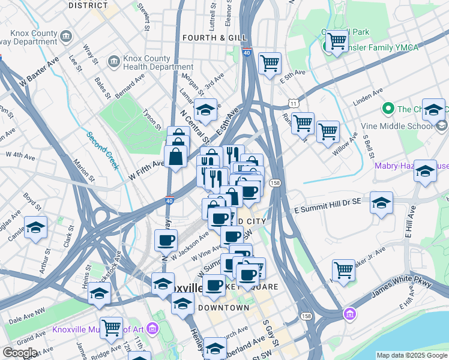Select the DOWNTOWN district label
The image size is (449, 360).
click(x=223, y=307)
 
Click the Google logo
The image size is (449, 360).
click(x=20, y=353)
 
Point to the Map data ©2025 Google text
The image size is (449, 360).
click(x=412, y=355)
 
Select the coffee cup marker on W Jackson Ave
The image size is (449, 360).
click(x=166, y=241)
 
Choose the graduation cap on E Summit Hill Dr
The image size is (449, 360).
click(x=381, y=202)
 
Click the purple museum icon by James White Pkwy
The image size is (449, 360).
click(x=349, y=314)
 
